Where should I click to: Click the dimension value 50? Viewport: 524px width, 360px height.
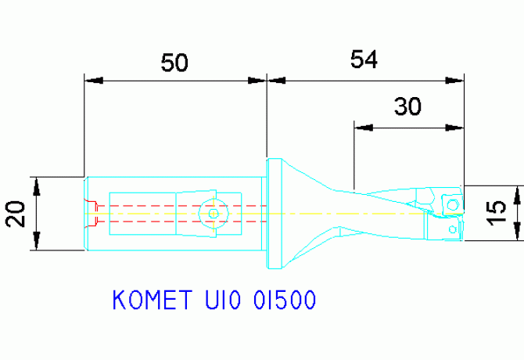click(174, 63)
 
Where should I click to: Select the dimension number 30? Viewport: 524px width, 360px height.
click(407, 106)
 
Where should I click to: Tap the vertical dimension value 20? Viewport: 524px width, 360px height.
click(17, 213)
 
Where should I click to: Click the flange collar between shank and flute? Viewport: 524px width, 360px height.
click(275, 213)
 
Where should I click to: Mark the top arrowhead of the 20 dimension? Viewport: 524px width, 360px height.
click(35, 183)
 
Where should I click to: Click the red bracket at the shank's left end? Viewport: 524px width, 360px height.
click(92, 212)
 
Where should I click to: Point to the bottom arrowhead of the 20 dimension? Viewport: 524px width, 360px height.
click(35, 243)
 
